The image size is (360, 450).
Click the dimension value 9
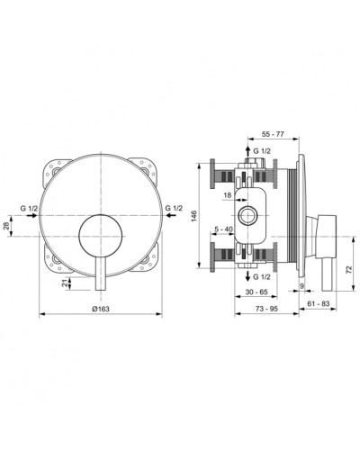click(303, 286)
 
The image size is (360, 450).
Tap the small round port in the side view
click(248, 215)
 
